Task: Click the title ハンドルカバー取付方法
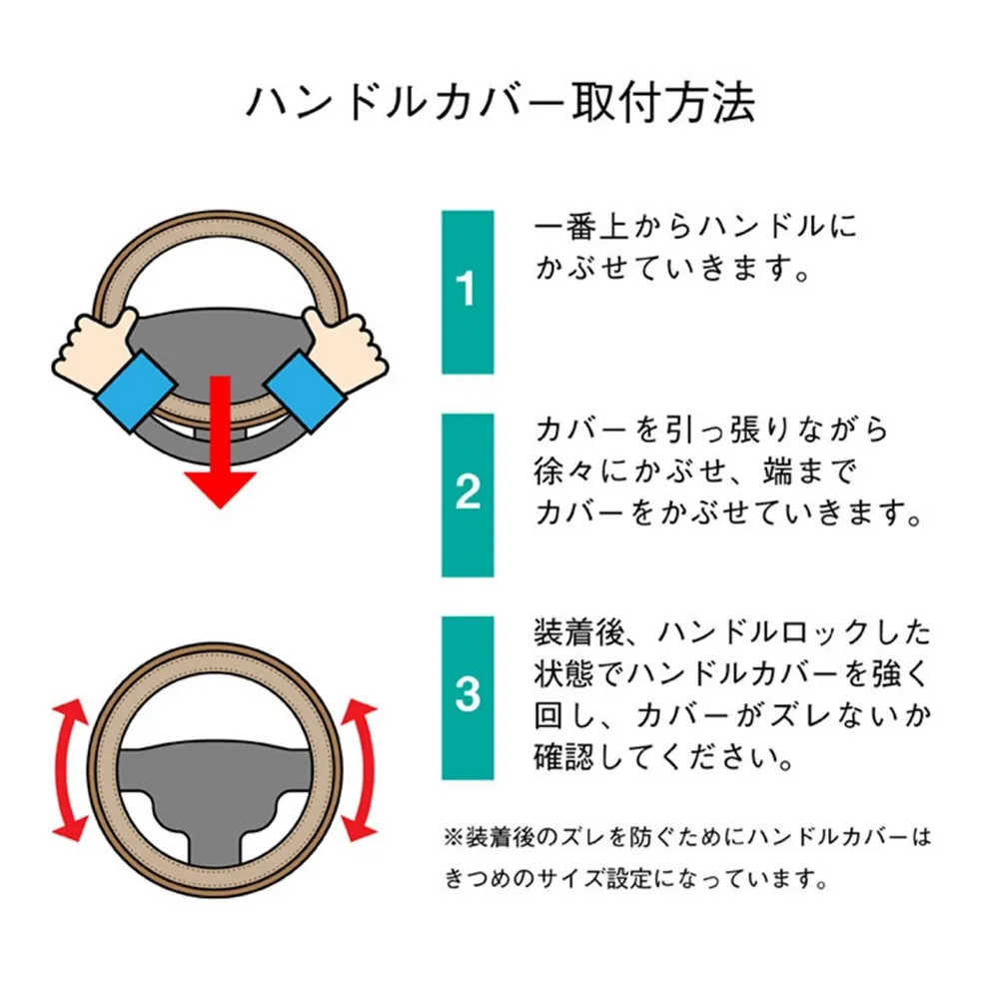pos(500,103)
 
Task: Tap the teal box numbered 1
pos(468,292)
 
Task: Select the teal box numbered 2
pos(468,496)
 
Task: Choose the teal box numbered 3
pos(468,697)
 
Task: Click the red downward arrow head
pos(220,489)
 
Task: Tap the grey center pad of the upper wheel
pos(220,351)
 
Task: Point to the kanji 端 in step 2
pos(778,471)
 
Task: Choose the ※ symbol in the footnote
pos(454,837)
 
